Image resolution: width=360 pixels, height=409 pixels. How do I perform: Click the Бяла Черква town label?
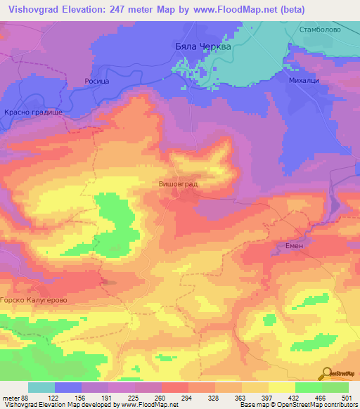(202, 46)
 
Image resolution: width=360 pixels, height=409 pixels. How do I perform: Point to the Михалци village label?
(304, 81)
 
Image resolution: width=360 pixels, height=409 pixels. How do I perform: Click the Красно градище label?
(33, 112)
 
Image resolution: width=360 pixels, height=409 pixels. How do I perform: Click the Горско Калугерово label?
(34, 300)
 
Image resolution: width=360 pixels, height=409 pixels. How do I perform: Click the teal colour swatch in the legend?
(41, 387)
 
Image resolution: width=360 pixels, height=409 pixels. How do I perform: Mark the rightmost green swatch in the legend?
(335, 387)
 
